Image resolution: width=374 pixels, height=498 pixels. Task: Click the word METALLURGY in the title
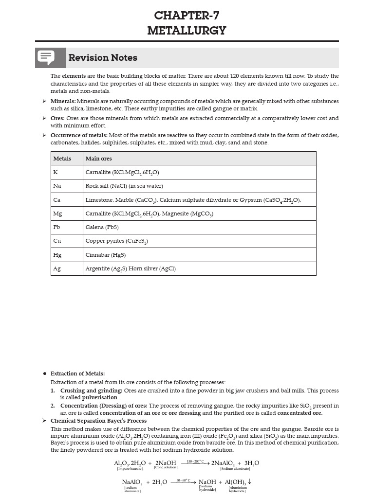187,31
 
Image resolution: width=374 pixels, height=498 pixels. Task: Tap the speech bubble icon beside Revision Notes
47,57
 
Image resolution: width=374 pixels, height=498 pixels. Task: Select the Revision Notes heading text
103,58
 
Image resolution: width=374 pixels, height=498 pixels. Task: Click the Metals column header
62,159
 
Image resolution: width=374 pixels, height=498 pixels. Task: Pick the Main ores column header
98,159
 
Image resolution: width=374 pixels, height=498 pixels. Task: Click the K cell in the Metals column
56,172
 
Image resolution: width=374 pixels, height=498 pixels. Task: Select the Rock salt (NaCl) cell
124,186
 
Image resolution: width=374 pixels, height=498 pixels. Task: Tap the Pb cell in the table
56,227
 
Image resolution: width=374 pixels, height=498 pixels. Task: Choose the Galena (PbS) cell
102,227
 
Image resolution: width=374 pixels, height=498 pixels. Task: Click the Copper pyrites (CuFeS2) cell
116,241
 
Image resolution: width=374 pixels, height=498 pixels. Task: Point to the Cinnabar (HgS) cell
105,255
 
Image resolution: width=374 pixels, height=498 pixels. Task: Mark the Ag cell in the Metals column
56,268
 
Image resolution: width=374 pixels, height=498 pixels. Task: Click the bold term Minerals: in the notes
63,101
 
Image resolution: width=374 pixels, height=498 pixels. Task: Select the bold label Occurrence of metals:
79,135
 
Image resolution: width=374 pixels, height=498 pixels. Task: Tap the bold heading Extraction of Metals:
77,373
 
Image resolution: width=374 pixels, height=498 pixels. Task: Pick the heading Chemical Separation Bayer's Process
98,421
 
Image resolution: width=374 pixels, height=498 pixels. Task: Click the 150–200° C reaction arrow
195,463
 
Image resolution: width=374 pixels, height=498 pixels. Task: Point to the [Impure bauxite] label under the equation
130,469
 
